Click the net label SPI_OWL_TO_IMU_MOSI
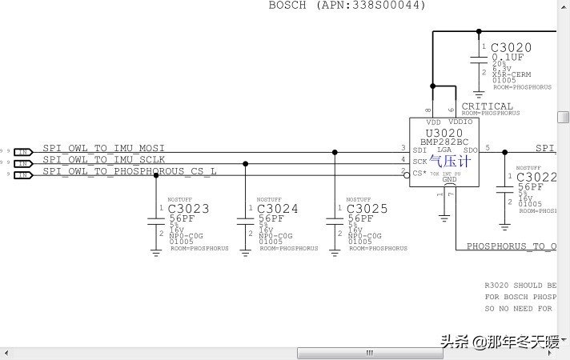point(104,148)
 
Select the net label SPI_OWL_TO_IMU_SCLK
point(104,159)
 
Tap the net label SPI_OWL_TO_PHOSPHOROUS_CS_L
point(130,170)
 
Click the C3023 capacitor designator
point(189,209)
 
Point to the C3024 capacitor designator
point(278,209)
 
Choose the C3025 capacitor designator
point(367,209)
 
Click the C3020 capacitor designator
point(511,48)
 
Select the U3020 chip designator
point(444,133)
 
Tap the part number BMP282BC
point(444,142)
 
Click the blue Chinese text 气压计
point(450,161)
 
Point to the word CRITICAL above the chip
point(487,106)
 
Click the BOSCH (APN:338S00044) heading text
point(347,5)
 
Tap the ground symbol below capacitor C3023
point(156,250)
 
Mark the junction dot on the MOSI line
point(335,152)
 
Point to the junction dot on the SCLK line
point(245,163)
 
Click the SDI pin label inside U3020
point(419,150)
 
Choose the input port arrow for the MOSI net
point(23,151)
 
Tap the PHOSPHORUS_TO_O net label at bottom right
point(512,246)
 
